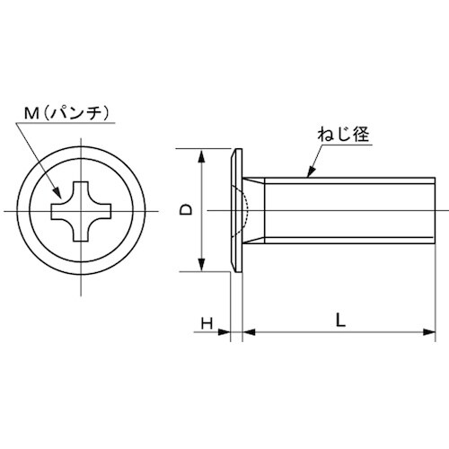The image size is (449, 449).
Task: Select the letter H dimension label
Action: (x=206, y=322)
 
